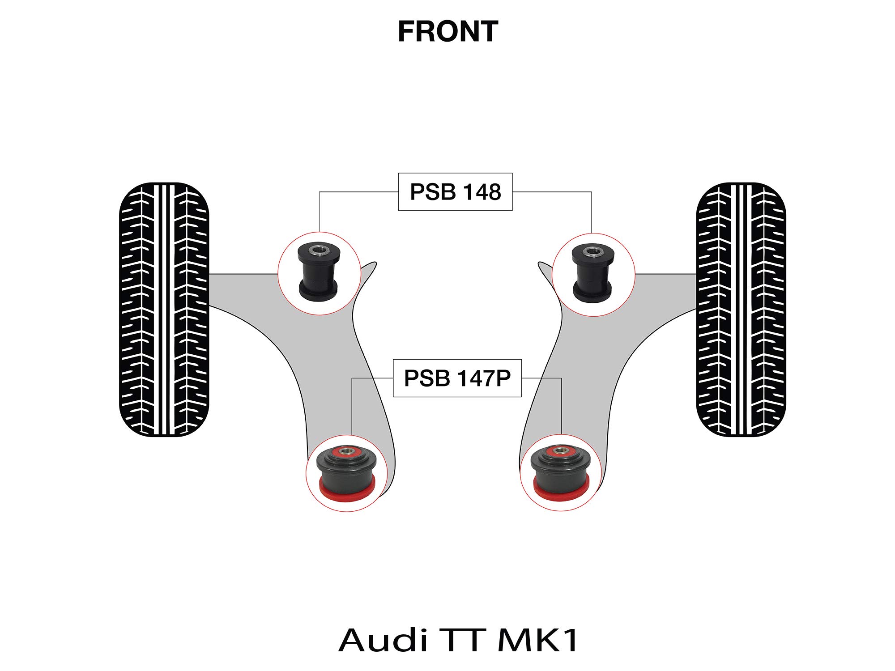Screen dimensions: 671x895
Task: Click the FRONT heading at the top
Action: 448,32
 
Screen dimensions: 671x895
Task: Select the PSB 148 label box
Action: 455,192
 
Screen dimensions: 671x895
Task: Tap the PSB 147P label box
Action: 457,378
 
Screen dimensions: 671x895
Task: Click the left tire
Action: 164,310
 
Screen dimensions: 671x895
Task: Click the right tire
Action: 741,310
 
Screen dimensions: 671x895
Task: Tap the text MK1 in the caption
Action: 538,640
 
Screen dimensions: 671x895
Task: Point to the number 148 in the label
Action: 482,192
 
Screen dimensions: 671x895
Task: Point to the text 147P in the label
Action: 484,378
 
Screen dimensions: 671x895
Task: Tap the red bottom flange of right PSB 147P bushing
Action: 561,494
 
